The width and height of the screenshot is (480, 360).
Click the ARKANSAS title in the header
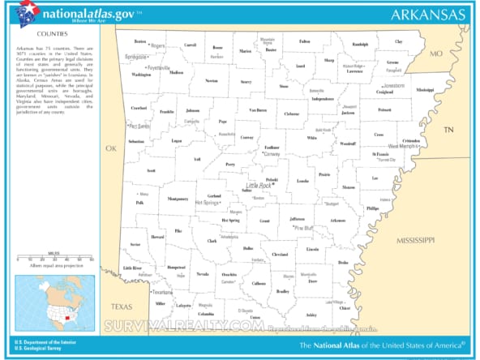pyautogui.click(x=427, y=15)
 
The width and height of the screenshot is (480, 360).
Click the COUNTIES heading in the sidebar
pyautogui.click(x=52, y=36)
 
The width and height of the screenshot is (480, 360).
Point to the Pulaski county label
pyautogui.click(x=272, y=179)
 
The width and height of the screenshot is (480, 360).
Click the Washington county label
pyautogui.click(x=141, y=75)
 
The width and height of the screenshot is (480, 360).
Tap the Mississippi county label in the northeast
pyautogui.click(x=425, y=89)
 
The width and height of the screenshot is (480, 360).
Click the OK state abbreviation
pyautogui.click(x=111, y=148)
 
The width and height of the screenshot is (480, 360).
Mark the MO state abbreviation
pyautogui.click(x=436, y=54)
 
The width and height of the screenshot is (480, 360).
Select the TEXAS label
pyautogui.click(x=122, y=306)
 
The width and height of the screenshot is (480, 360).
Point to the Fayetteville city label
pyautogui.click(x=159, y=67)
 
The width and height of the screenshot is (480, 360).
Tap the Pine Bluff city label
pyautogui.click(x=304, y=228)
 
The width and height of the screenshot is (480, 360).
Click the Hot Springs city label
pyautogui.click(x=209, y=202)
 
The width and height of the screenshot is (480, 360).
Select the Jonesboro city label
pyautogui.click(x=394, y=85)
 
